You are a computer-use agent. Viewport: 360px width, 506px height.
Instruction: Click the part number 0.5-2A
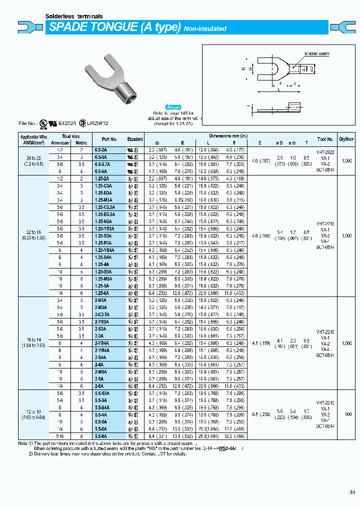pyautogui.click(x=100, y=149)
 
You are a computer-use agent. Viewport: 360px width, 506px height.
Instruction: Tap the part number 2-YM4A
pyautogui.click(x=102, y=350)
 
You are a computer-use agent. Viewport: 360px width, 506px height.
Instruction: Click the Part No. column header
pyautogui.click(x=109, y=139)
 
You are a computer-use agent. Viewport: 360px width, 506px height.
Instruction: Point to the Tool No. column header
pyautogui.click(x=325, y=139)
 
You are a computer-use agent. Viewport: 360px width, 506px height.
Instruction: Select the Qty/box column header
pyautogui.click(x=347, y=139)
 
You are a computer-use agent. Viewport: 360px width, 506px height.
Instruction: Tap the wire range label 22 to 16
pyautogui.click(x=33, y=231)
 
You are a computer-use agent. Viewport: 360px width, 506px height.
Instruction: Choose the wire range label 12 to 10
pyautogui.click(x=33, y=411)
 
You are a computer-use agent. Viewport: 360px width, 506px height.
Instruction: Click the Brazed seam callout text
pyautogui.click(x=315, y=53)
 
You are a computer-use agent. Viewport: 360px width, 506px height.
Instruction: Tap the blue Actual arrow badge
pyautogui.click(x=173, y=107)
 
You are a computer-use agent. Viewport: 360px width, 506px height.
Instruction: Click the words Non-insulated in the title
pyautogui.click(x=205, y=28)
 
